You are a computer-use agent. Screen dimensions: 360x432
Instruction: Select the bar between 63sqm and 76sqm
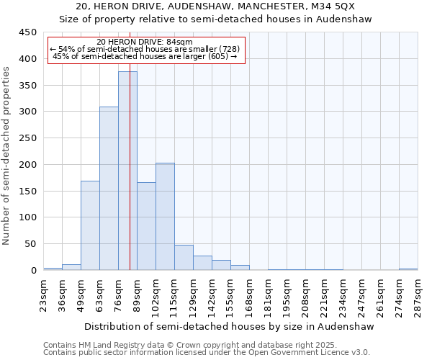(x=109, y=189)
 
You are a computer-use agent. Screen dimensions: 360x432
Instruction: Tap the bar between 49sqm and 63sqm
(x=90, y=225)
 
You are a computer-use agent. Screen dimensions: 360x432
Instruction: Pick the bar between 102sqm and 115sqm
(x=165, y=216)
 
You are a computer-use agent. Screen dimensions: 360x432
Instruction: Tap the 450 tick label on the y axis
(x=27, y=32)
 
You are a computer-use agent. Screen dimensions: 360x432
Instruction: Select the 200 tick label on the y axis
(x=27, y=165)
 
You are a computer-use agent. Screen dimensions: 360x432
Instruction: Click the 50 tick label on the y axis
(x=30, y=244)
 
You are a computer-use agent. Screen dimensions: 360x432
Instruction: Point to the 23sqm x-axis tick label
(x=44, y=294)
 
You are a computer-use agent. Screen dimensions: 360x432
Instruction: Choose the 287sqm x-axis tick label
(x=418, y=294)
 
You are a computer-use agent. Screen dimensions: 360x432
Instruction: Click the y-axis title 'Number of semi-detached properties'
(x=7, y=156)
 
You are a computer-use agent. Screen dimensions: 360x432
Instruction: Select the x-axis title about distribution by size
(x=230, y=326)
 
